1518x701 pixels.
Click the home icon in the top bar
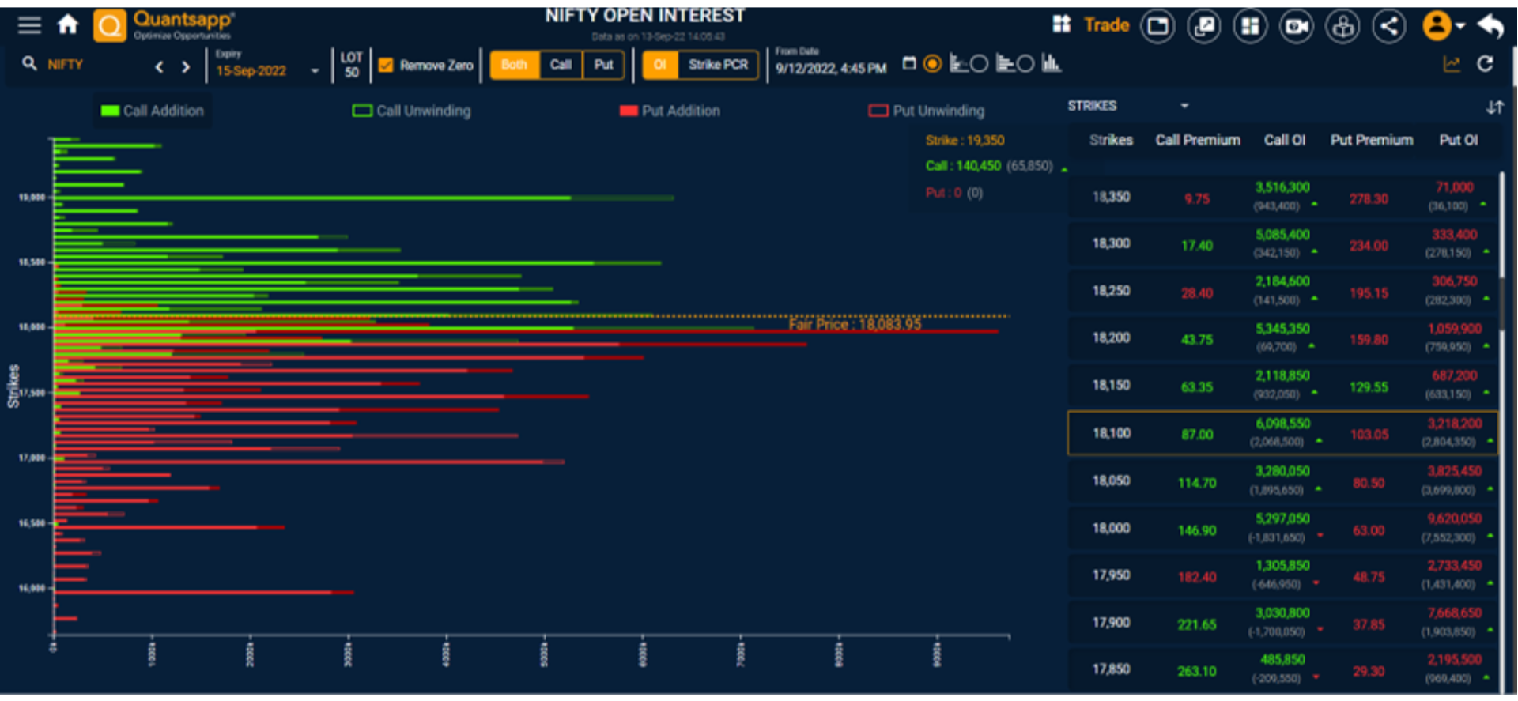pos(68,25)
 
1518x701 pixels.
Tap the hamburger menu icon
pos(29,25)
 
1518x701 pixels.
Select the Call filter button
pos(561,65)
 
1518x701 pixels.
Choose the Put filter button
pos(603,65)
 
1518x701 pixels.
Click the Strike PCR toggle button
pos(717,65)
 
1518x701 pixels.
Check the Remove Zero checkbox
pos(386,66)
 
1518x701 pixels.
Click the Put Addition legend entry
pos(670,111)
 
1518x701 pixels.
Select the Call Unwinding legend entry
pos(412,111)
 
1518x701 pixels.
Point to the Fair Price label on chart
pos(854,324)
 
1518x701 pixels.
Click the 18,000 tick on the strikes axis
pos(32,327)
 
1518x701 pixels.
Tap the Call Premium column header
pos(1197,140)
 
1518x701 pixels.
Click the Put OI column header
pos(1458,140)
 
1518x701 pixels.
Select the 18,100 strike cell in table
pos(1111,433)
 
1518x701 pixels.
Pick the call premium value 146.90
pos(1197,530)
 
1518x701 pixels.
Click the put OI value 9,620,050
pos(1454,518)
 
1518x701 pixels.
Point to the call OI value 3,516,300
pos(1282,187)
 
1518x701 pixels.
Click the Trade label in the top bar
pos(1106,25)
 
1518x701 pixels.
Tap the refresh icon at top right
pos(1485,64)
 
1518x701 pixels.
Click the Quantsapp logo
pos(164,24)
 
